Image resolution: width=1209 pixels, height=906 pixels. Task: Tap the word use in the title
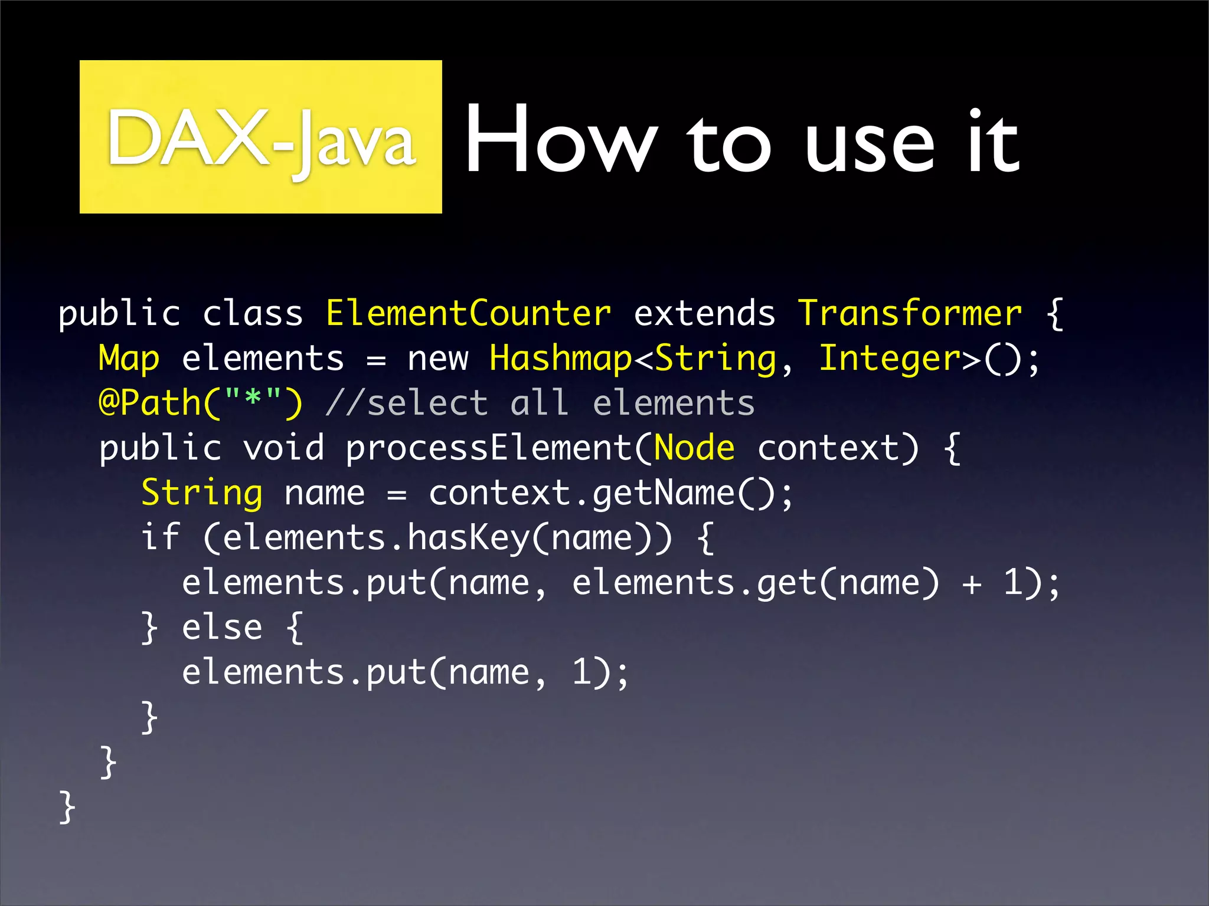click(x=870, y=145)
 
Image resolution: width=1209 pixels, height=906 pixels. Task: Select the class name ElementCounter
click(x=468, y=313)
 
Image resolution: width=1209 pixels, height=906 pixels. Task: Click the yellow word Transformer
click(x=910, y=313)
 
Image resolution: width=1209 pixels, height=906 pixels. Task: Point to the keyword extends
click(x=704, y=313)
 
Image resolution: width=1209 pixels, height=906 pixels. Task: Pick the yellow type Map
click(x=129, y=359)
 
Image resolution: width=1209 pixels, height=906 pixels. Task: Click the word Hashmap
click(x=560, y=359)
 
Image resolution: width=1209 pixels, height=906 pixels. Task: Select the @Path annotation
click(x=151, y=404)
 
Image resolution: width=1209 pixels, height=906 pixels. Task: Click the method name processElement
click(x=489, y=448)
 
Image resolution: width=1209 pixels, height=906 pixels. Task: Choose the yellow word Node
click(x=694, y=448)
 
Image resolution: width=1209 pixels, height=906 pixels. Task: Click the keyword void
click(x=283, y=448)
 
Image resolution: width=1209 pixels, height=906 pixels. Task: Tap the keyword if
click(x=160, y=537)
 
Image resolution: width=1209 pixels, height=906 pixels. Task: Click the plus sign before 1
click(x=971, y=584)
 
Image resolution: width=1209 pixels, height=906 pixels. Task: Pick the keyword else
click(x=222, y=627)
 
